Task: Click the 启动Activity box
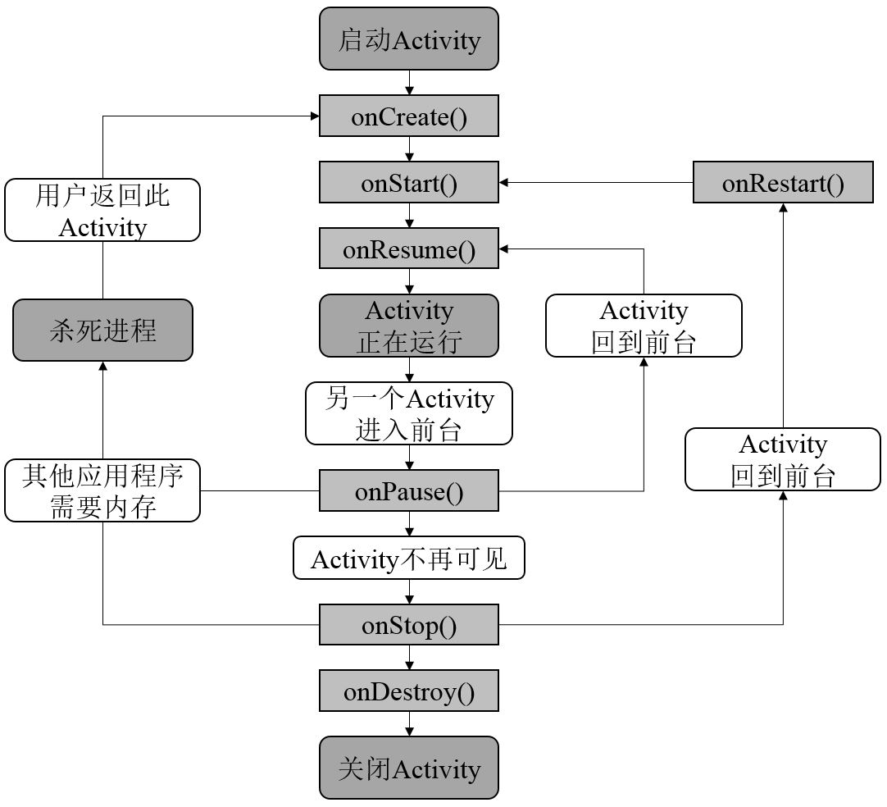409,39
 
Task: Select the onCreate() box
409,116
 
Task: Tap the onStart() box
409,182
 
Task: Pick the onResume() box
409,248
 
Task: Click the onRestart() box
783,182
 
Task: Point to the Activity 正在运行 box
409,326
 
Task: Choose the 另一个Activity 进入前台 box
409,413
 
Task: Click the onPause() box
409,491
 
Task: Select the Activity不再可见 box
409,559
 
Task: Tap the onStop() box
409,625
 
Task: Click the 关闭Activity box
409,768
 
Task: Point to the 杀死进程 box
102,330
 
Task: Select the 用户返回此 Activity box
102,210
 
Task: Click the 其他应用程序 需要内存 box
102,490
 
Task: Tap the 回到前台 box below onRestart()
783,459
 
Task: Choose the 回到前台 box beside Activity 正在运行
644,326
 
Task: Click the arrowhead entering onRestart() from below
783,208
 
